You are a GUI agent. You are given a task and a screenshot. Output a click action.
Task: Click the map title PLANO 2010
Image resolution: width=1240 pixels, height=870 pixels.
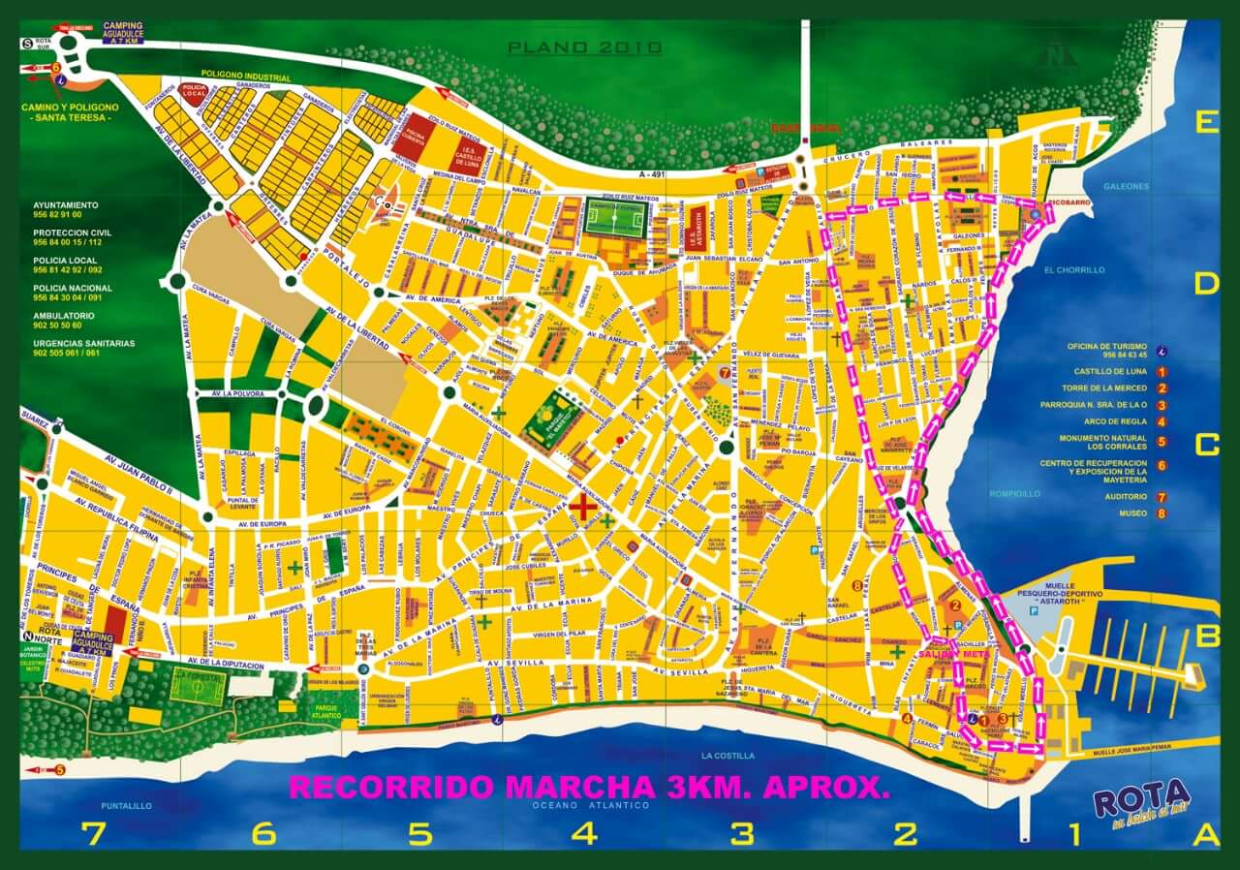pos(585,47)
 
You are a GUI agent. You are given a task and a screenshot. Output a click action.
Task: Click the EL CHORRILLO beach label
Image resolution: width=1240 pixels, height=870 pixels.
pos(1074,270)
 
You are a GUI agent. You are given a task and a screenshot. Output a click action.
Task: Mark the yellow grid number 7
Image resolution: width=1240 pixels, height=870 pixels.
pos(94,834)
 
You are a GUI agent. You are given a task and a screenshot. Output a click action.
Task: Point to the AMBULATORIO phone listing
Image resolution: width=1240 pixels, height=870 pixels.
pos(65,321)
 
